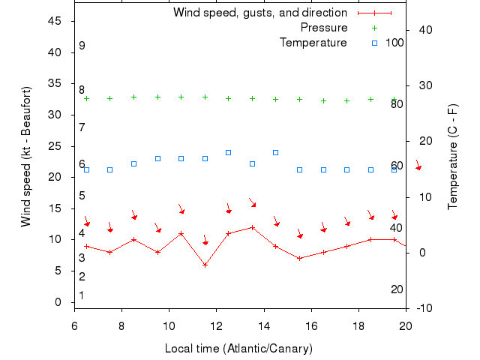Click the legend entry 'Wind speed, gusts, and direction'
259,13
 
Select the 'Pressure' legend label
324,28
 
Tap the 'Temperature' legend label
313,43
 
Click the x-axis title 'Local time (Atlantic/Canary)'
238,349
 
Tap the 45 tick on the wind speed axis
55,21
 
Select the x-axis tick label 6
74,326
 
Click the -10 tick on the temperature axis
423,308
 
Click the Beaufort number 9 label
82,46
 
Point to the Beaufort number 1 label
82,295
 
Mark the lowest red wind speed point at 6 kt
205,265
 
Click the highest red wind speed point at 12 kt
252,227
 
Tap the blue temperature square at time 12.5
229,152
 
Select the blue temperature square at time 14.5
276,152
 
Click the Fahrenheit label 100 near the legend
394,43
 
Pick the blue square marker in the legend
374,43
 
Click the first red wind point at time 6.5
86,246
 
